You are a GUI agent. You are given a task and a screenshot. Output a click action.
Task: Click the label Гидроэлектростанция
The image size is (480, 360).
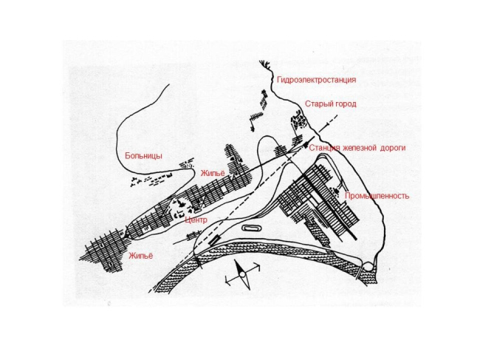(316, 80)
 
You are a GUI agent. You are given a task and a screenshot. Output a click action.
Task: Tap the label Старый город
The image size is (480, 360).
(331, 104)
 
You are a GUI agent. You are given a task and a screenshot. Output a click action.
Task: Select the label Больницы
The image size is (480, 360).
(143, 156)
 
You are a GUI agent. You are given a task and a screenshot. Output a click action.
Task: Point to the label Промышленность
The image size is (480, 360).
(377, 196)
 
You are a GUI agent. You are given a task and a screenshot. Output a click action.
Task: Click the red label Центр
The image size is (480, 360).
(196, 220)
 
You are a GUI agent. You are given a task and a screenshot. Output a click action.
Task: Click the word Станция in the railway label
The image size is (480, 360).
(324, 148)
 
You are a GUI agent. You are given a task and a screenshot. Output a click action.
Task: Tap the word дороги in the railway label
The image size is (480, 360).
(393, 148)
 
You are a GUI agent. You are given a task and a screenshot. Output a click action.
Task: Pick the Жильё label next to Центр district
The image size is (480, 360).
(213, 173)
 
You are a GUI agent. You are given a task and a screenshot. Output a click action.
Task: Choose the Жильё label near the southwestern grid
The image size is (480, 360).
(140, 256)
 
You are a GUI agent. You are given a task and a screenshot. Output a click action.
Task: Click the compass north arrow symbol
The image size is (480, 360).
(242, 274)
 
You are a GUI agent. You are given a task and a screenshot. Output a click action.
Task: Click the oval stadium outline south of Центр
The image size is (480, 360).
(251, 228)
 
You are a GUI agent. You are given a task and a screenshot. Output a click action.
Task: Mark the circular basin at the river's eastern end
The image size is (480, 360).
(368, 267)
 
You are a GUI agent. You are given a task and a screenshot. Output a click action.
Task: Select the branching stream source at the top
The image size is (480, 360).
(265, 64)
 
